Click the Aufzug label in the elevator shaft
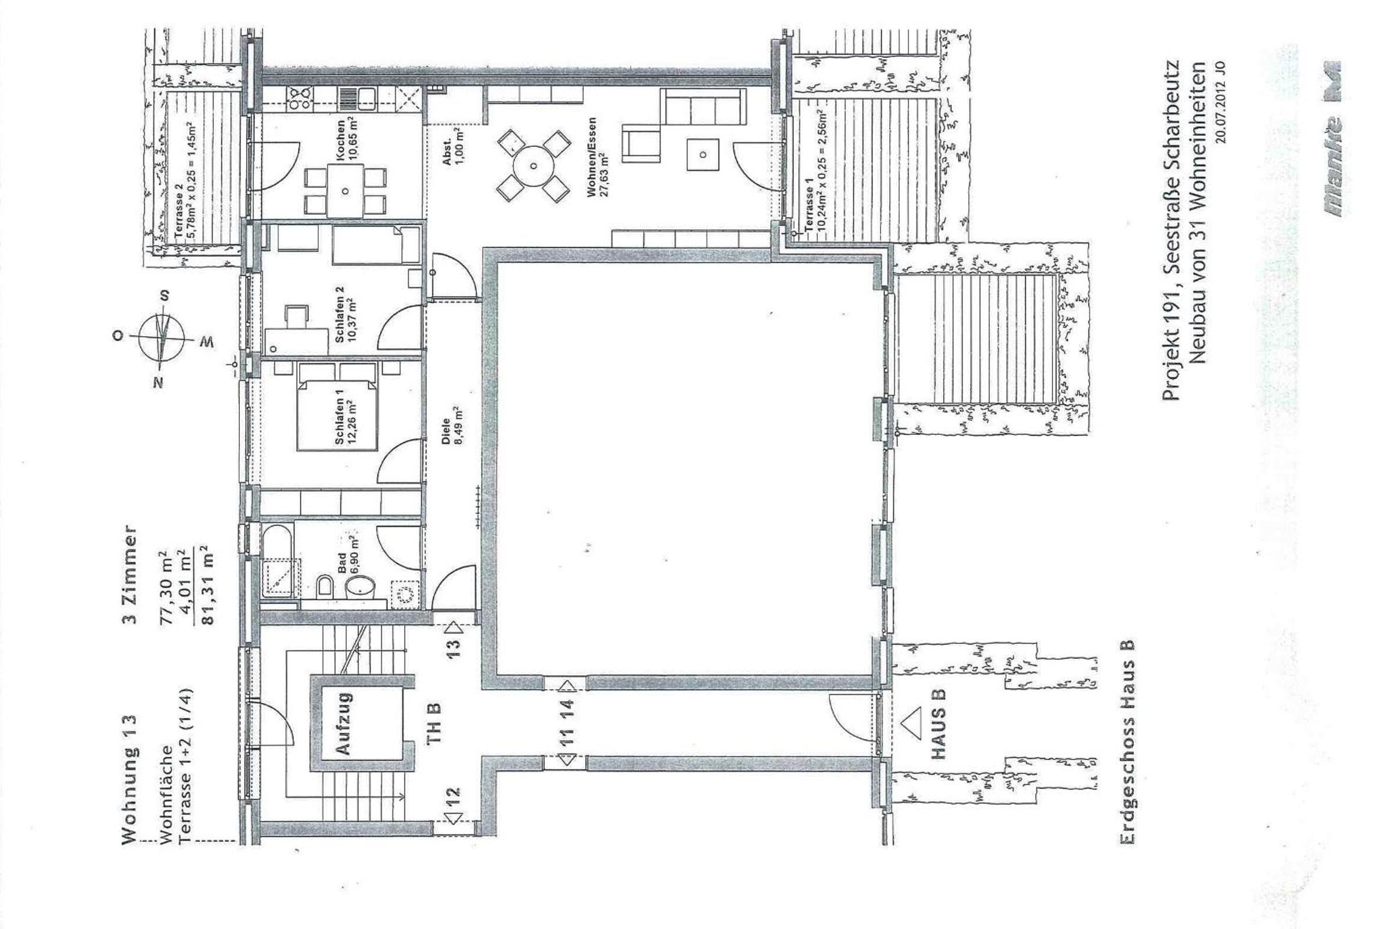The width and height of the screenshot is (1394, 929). pyautogui.click(x=344, y=725)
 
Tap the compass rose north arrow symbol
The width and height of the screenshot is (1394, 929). pyautogui.click(x=162, y=339)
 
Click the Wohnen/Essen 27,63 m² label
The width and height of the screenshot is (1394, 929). pyautogui.click(x=597, y=157)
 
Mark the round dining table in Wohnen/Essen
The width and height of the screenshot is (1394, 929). pyautogui.click(x=533, y=165)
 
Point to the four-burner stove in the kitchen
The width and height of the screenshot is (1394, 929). pyautogui.click(x=300, y=98)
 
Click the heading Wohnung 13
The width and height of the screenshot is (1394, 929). pyautogui.click(x=130, y=779)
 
